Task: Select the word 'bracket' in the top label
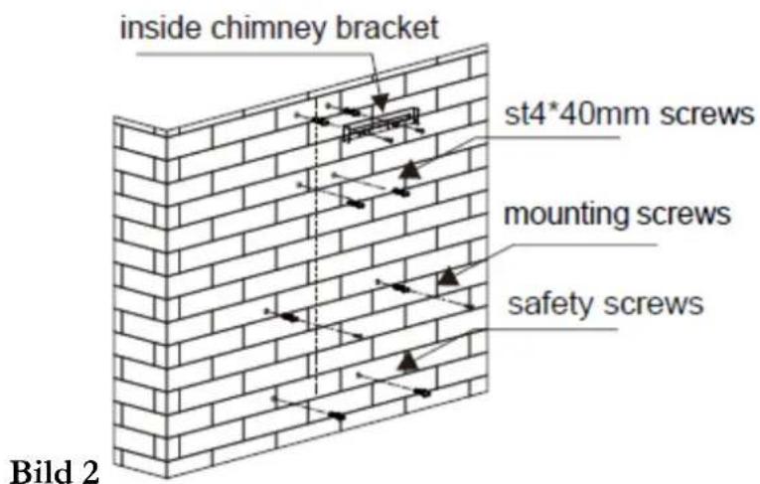387,27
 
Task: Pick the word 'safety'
550,305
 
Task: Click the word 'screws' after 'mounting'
683,214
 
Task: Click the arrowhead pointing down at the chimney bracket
380,101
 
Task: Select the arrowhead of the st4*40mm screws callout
410,169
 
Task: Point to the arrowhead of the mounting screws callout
448,276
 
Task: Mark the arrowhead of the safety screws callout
408,362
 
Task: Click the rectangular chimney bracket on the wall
380,125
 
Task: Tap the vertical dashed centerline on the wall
316,247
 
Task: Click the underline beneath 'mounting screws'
581,243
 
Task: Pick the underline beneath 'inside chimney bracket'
254,54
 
